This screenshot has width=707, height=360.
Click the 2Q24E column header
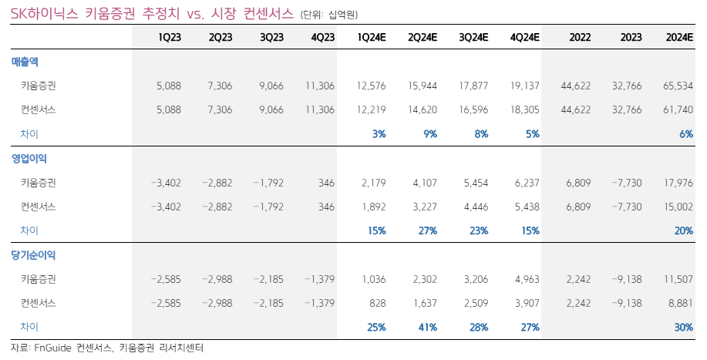(x=423, y=37)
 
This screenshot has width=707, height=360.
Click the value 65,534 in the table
(x=678, y=86)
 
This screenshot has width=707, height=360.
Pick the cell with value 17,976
(x=678, y=183)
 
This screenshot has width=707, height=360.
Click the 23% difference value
(x=478, y=230)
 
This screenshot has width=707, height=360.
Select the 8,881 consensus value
(x=680, y=303)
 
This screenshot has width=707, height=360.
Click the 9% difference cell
(x=429, y=133)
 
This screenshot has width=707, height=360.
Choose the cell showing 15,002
(x=678, y=207)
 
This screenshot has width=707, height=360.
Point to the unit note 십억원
(x=342, y=15)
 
